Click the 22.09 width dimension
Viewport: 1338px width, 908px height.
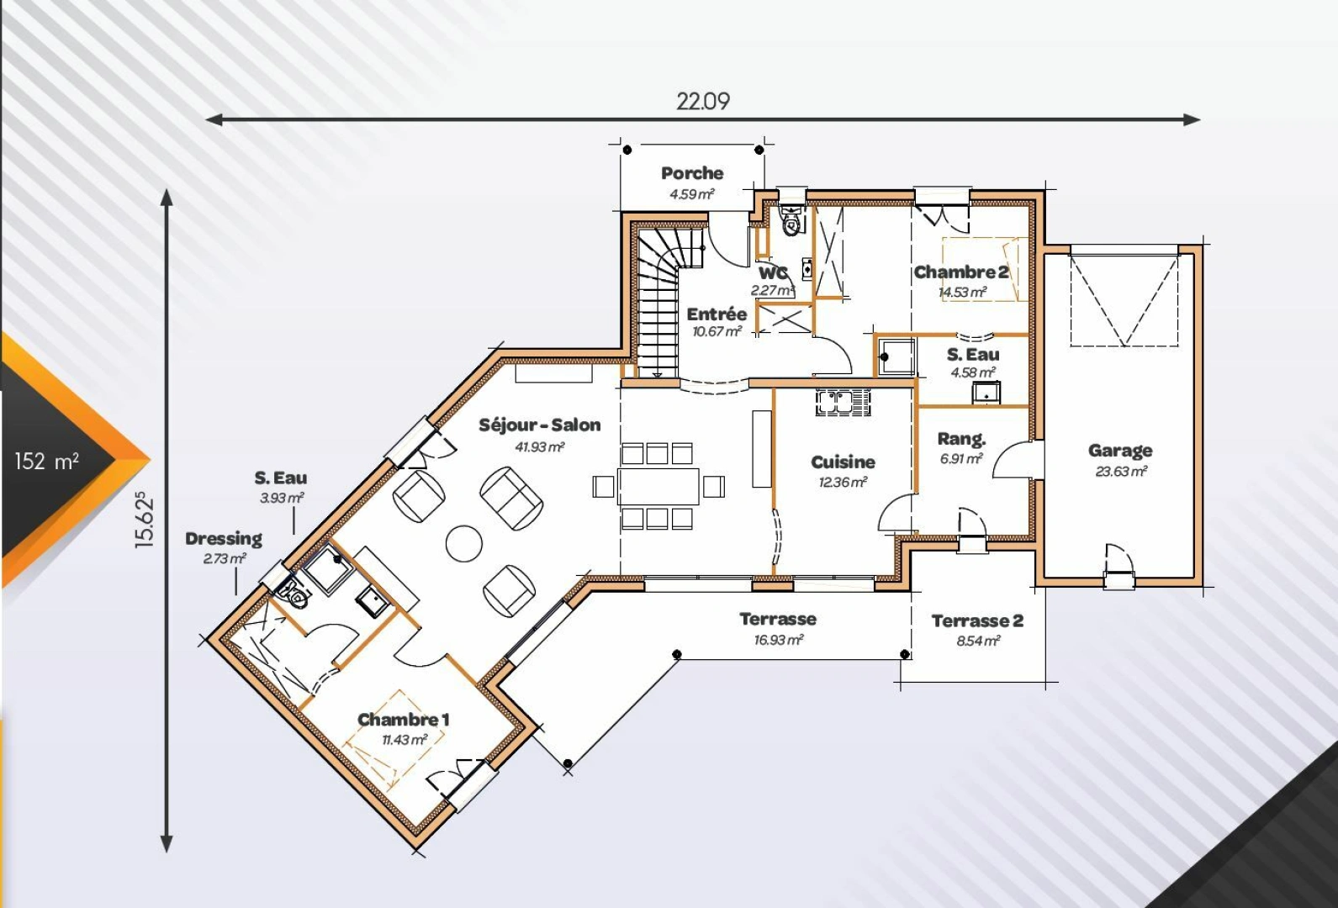pos(703,101)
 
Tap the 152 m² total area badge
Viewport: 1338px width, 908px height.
pos(47,461)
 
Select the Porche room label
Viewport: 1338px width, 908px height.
pos(692,173)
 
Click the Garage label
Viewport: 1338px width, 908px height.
pos(1120,451)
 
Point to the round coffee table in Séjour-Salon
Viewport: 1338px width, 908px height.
pos(464,543)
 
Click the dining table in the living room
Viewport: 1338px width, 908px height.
pos(658,486)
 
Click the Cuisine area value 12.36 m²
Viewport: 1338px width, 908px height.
pos(843,483)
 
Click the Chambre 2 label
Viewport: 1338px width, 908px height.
pos(961,272)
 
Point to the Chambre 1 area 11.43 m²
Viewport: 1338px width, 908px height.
pos(405,740)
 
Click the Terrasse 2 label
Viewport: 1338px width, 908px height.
pos(977,621)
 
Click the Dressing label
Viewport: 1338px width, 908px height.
pos(224,538)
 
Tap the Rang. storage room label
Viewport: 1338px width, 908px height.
pos(961,439)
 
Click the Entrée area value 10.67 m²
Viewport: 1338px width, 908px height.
pos(717,332)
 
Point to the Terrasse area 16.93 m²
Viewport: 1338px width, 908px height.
pos(778,641)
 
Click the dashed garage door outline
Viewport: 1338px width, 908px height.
pos(1124,300)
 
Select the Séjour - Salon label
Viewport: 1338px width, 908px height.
pos(540,425)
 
